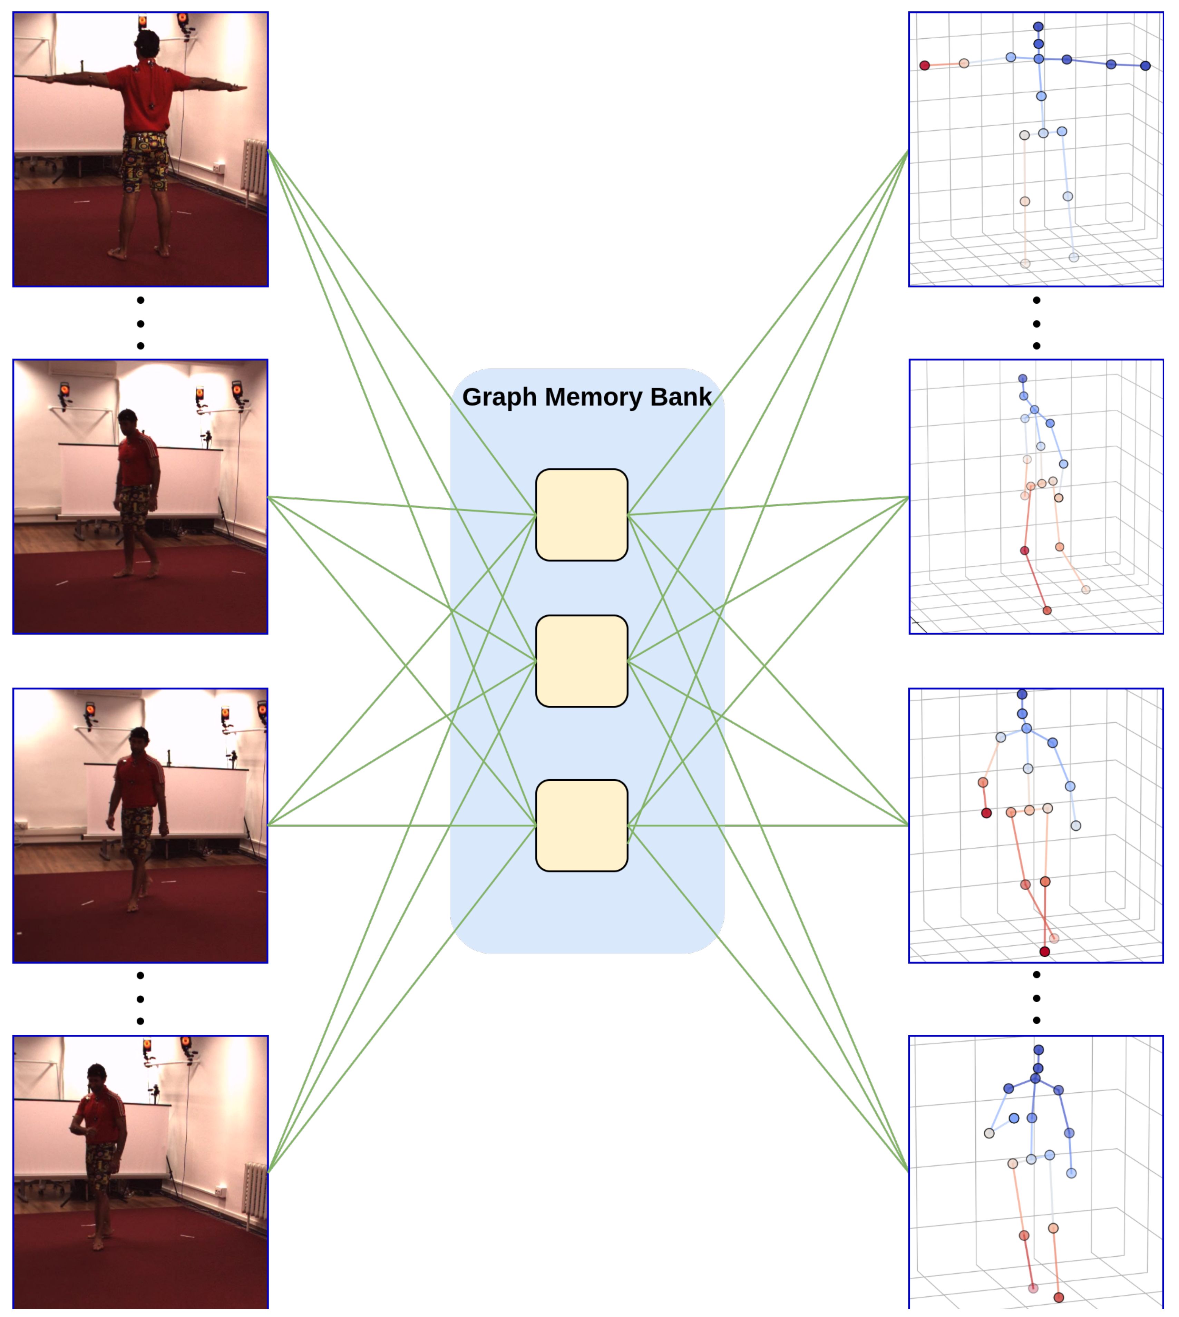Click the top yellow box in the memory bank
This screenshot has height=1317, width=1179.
pos(581,514)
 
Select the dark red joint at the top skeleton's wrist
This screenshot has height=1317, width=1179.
pos(924,66)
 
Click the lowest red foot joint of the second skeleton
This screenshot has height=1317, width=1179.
pos(1047,610)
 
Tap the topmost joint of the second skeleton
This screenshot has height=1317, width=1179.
pos(1022,378)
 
